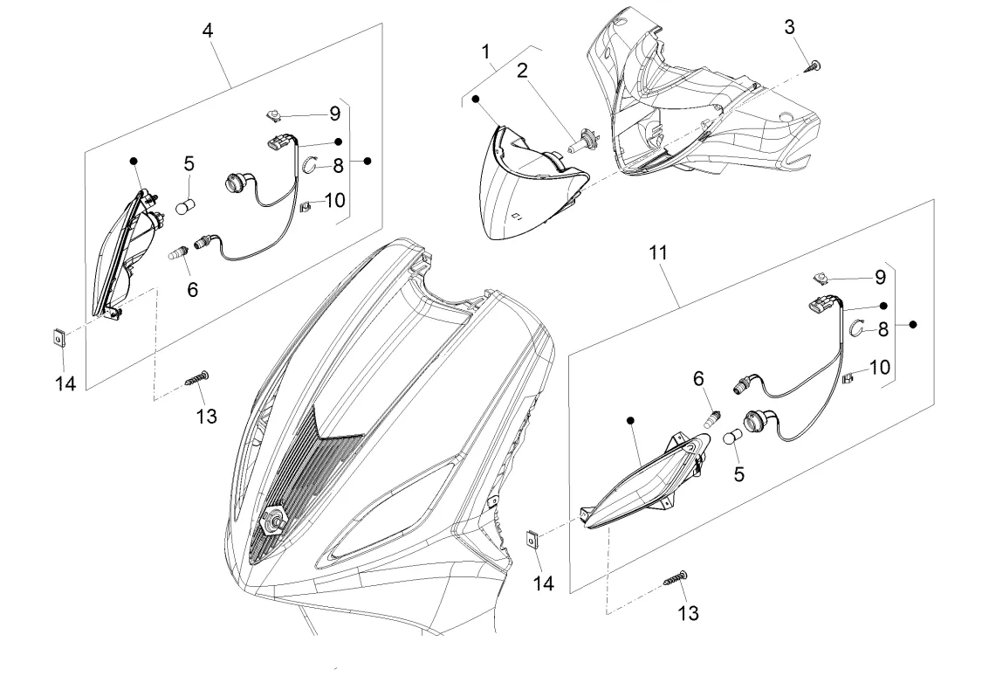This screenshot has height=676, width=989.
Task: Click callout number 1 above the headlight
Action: (486, 52)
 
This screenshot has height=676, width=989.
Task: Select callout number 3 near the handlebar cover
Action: (789, 27)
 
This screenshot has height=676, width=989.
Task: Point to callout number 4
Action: (207, 30)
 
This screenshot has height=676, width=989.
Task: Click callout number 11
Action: (658, 252)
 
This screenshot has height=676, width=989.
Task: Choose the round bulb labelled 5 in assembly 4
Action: (184, 208)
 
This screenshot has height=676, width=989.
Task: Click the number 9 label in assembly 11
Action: (880, 278)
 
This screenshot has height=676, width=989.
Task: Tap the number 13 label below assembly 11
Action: (688, 613)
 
